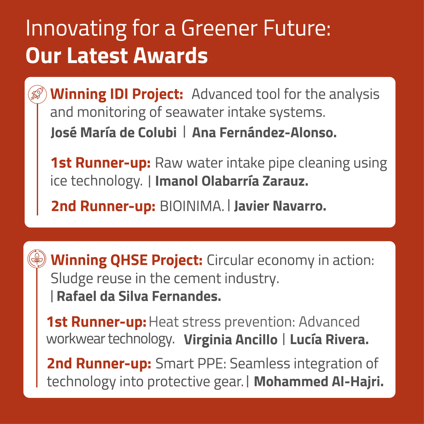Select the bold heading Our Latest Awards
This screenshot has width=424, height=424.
coord(117,56)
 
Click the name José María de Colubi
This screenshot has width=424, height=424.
coord(113,132)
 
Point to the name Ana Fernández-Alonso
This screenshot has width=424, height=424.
coord(264,132)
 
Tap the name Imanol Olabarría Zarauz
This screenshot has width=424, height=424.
coord(232,181)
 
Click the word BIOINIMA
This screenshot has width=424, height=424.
coord(192,206)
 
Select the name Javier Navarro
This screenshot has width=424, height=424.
coord(280,206)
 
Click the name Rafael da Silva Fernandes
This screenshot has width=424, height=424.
coord(139,296)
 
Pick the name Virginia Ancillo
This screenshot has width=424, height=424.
coord(231,340)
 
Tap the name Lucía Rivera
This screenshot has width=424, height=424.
coord(329,340)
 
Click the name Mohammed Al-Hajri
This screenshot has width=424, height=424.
coord(319,382)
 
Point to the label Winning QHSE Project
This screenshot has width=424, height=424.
coord(126,260)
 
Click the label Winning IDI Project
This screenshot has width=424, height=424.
coord(117,94)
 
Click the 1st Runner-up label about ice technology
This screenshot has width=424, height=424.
coord(101,163)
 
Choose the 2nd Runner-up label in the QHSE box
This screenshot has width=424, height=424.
coord(99,364)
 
